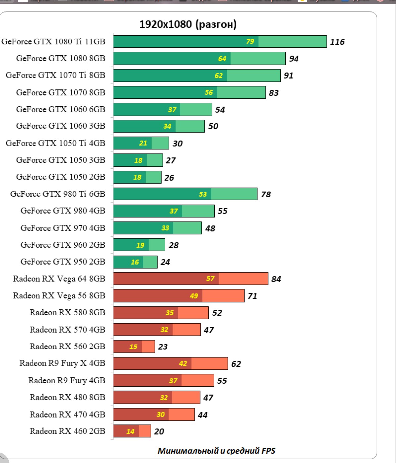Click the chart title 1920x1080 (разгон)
(188, 24)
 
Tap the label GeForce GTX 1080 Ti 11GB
(53, 41)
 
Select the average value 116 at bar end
(337, 42)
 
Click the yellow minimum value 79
(250, 41)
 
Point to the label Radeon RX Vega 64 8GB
(59, 279)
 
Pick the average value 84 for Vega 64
(276, 279)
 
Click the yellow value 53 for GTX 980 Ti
(203, 194)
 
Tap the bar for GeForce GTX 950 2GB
(135, 262)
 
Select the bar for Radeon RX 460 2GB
(132, 431)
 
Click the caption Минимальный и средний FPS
(216, 451)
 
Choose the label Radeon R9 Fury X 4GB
(62, 363)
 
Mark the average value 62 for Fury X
(236, 364)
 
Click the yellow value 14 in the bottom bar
(130, 431)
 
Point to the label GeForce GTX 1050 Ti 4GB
(55, 143)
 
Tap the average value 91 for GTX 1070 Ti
(288, 76)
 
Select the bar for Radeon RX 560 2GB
(134, 347)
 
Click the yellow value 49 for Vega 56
(194, 296)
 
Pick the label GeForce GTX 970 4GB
(63, 228)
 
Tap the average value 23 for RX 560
(163, 347)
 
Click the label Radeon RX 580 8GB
(67, 313)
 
